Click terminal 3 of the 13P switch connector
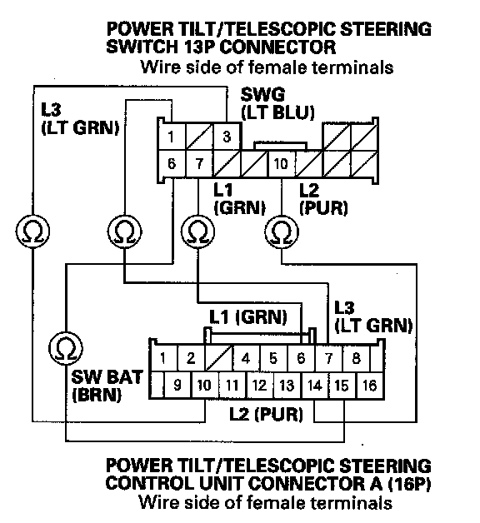(x=227, y=137)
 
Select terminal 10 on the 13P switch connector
(x=282, y=163)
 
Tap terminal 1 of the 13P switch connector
(x=171, y=137)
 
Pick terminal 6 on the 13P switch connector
(x=171, y=163)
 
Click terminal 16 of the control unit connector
(x=370, y=386)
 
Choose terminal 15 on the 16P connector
(x=342, y=386)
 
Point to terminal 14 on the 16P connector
(x=315, y=386)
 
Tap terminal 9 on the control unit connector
(x=177, y=386)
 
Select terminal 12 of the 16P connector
(x=260, y=386)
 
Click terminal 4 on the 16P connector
(x=246, y=358)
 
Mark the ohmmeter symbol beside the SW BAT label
(x=66, y=348)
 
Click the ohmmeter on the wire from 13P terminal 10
(x=282, y=232)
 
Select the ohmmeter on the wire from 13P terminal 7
(x=198, y=232)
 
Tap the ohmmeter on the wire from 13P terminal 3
(x=32, y=232)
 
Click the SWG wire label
(x=263, y=94)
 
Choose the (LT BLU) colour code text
(x=277, y=112)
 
